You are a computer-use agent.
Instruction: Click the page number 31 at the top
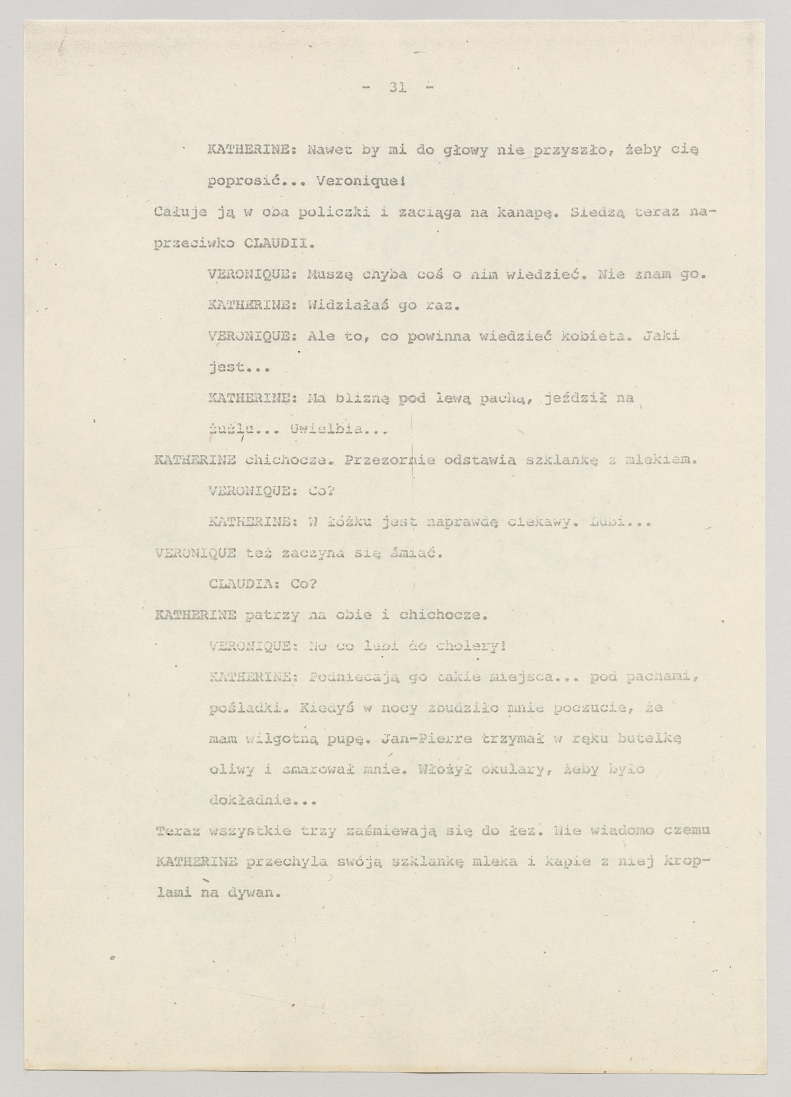click(397, 87)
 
